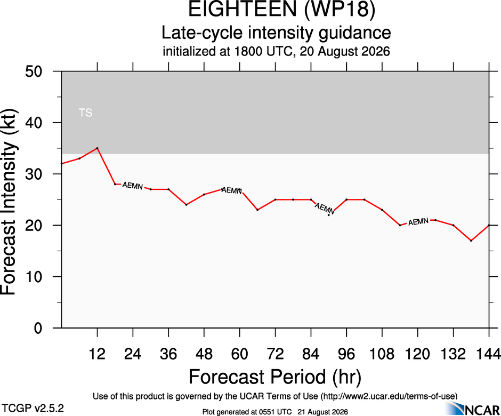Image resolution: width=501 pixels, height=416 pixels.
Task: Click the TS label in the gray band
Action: [85, 113]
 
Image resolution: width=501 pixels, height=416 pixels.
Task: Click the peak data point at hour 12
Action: [97, 148]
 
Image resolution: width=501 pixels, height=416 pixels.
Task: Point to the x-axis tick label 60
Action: [240, 354]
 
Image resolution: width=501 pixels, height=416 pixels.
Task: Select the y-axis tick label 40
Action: [34, 123]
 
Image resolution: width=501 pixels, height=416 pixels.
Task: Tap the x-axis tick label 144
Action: [488, 354]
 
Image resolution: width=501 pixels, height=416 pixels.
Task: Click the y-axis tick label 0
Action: [38, 328]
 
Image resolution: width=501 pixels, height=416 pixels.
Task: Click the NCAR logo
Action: [472, 409]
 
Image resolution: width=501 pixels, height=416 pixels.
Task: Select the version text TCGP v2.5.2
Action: [33, 409]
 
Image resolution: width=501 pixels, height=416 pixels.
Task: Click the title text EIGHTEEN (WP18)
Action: [281, 9]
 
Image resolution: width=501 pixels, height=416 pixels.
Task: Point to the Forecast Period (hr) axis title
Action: [275, 377]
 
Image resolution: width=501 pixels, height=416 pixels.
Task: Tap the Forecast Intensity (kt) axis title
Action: [9, 202]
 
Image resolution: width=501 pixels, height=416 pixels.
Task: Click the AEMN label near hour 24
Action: [133, 186]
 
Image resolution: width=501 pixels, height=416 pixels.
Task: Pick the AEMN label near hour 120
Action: [418, 221]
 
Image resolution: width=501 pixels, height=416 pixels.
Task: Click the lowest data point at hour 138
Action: [471, 241]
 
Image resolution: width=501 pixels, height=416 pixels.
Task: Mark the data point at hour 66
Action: [257, 210]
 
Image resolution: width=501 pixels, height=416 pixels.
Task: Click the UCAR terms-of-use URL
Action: [388, 396]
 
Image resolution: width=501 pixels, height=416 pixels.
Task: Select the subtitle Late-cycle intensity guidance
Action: [276, 33]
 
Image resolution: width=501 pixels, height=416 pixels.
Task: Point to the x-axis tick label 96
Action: [346, 354]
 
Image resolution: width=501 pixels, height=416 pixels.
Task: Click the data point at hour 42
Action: [187, 205]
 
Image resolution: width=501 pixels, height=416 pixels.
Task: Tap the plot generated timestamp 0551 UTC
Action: [275, 412]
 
